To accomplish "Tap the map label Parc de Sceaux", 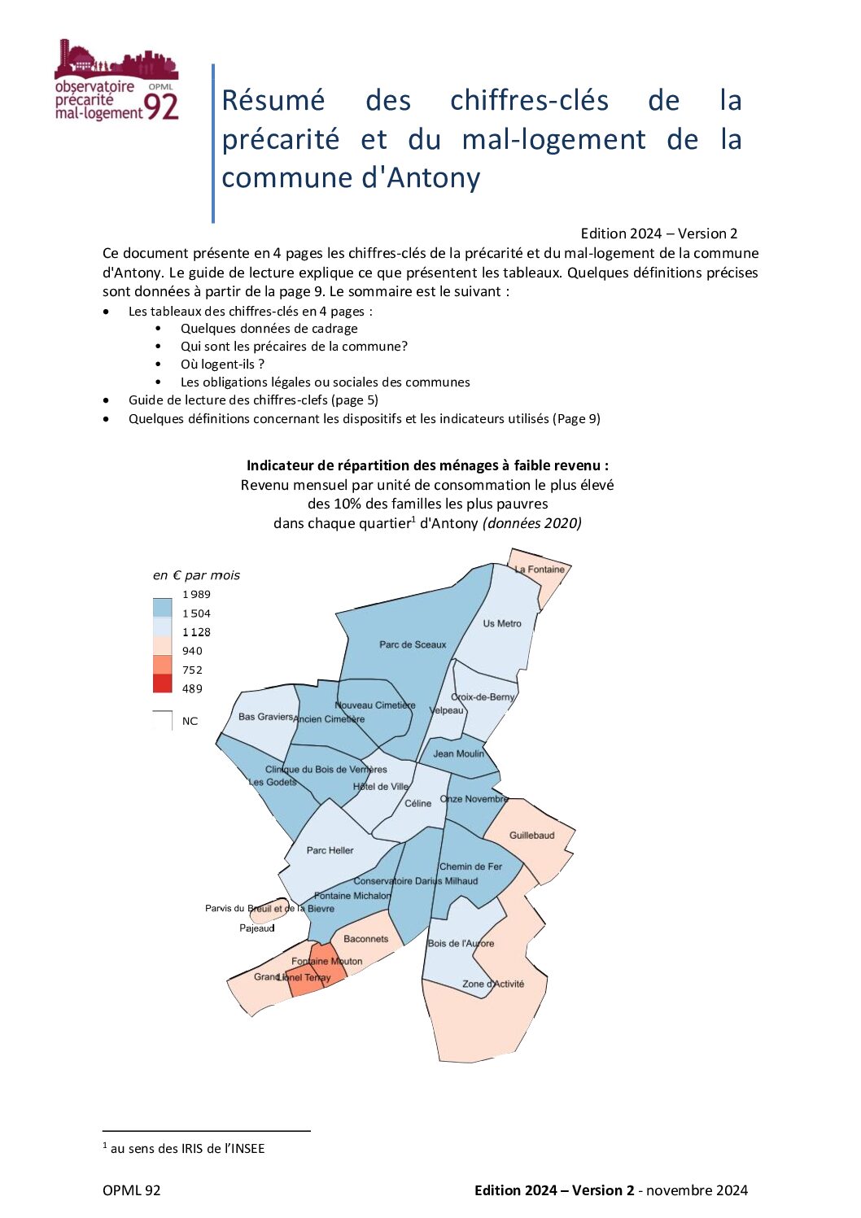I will click(x=413, y=644).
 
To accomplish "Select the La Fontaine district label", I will click(x=540, y=570).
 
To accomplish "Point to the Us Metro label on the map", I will click(x=502, y=623).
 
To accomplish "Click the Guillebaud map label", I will click(x=531, y=836).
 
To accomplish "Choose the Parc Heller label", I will click(x=330, y=850).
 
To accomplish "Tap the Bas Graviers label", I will click(x=265, y=717).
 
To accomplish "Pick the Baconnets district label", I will click(x=366, y=939).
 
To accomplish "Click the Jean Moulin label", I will click(x=458, y=753).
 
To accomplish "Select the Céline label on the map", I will click(x=417, y=803).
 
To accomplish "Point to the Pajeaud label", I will click(x=257, y=928).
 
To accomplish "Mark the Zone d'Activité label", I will click(x=493, y=984).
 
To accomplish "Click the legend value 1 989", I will click(x=196, y=595).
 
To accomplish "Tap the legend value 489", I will click(x=193, y=689).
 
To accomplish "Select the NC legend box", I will click(x=163, y=721).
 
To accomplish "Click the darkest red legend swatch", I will click(x=163, y=683).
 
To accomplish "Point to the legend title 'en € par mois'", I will click(x=196, y=575).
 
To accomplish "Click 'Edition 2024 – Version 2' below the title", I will click(x=658, y=234).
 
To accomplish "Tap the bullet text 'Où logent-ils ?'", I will click(x=222, y=365).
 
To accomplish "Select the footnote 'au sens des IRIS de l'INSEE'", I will click(x=187, y=1148).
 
